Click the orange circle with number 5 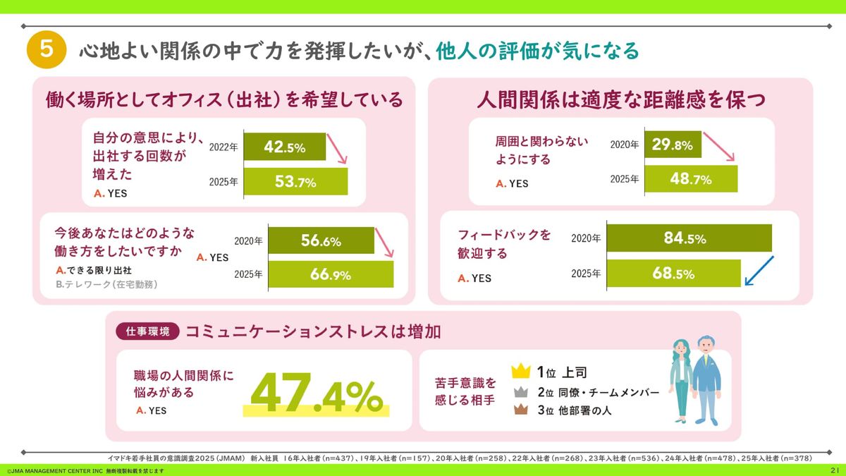46,51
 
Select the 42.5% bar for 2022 285,147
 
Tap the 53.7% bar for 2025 295,182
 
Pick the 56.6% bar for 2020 321,240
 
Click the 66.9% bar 331,274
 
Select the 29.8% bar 673,145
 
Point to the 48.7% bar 690,179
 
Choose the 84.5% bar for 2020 689,238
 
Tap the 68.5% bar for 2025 673,274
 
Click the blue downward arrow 759,271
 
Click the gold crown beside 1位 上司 520,371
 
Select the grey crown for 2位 521,392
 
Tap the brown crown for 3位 521,412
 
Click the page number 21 834,470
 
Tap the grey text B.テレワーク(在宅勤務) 106,285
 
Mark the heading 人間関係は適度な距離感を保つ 620,99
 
